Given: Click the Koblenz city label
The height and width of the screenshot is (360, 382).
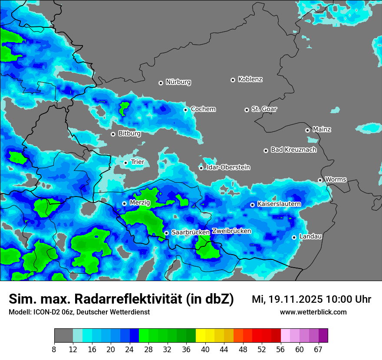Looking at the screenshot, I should click(250, 79).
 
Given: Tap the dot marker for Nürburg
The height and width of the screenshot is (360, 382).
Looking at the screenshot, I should click(161, 83).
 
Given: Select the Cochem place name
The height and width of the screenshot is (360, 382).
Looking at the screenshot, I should click(203, 109).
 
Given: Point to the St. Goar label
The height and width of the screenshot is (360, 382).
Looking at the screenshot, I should click(264, 109).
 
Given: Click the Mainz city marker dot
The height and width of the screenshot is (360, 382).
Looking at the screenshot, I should click(307, 130).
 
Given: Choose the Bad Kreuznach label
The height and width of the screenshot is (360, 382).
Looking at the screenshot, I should click(293, 150).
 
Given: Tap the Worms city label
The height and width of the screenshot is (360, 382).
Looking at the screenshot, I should click(336, 180).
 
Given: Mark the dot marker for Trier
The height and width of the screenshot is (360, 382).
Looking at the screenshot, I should click(126, 163).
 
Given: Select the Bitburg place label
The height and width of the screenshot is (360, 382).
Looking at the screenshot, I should click(129, 134).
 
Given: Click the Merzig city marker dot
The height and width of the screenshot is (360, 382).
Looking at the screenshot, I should click(124, 203).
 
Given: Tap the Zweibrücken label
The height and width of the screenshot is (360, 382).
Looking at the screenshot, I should click(232, 231).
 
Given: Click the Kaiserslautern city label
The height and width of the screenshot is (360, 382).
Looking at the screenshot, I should click(279, 204).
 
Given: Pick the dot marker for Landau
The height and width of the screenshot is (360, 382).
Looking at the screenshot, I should click(294, 237).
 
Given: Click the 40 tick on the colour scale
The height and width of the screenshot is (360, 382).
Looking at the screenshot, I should click(205, 349).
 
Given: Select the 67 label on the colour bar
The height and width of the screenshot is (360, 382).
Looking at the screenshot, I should click(318, 349).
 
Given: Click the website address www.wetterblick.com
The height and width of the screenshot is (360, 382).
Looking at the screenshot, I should click(313, 312).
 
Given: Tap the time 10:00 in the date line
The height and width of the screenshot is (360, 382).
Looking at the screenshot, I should click(341, 299).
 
